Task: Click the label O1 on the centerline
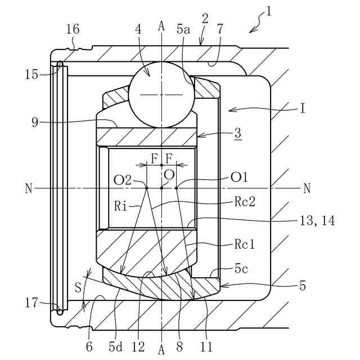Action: [239, 177]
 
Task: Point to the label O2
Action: [122, 180]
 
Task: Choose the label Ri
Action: [120, 207]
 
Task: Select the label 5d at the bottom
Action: [116, 346]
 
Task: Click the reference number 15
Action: [32, 73]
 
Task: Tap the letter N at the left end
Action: [29, 188]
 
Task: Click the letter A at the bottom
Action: [161, 350]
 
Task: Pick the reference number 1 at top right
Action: [269, 10]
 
